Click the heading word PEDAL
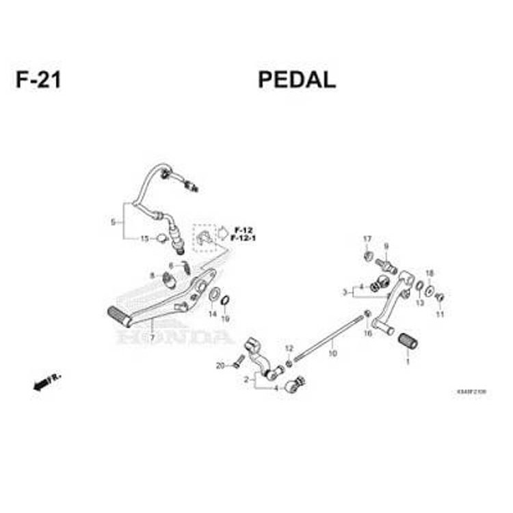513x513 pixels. coord(296,80)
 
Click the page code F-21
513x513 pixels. coord(38,80)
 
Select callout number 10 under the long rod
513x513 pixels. coord(333,354)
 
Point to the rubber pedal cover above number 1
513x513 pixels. coord(408,339)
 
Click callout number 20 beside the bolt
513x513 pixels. coord(220,365)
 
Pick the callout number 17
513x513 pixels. coord(367,239)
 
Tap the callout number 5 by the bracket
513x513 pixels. coord(113,222)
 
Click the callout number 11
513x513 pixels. coord(440,314)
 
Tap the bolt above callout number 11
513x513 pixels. coord(440,298)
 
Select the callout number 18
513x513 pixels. coord(430,274)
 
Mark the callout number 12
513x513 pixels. coord(289,348)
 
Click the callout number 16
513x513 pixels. coord(367,334)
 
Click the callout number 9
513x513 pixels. coord(386,246)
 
